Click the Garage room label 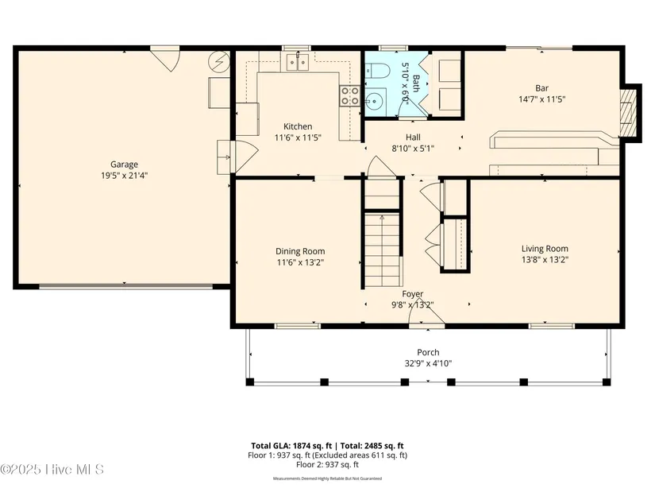[x=124, y=165]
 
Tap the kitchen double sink [x=298, y=63]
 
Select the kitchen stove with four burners [x=349, y=96]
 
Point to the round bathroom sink [x=375, y=101]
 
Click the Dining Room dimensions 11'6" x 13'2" [x=300, y=262]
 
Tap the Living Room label [x=545, y=249]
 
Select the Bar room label [x=541, y=88]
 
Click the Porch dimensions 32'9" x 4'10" [x=428, y=363]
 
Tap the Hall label [x=413, y=138]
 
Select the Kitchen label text [x=298, y=126]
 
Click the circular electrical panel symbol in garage [x=219, y=62]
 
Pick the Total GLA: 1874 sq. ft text [x=291, y=446]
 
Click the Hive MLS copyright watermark [x=52, y=470]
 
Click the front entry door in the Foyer [x=426, y=312]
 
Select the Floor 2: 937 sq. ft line [x=327, y=464]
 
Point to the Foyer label [x=413, y=294]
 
